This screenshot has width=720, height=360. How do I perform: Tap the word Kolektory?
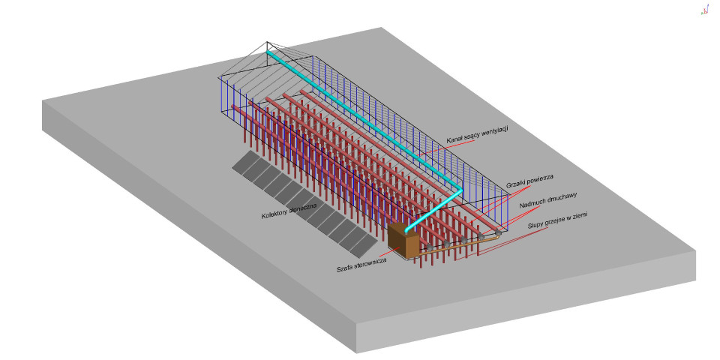point(274,214)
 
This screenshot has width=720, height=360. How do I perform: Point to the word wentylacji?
point(493,132)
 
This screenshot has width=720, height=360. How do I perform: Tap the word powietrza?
point(541,178)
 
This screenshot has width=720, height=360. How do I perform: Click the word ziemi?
point(578,216)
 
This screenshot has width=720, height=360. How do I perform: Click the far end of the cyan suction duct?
point(268,53)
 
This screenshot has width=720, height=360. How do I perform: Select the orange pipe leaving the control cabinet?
point(459,245)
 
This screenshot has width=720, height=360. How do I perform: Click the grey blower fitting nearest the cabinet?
point(430,247)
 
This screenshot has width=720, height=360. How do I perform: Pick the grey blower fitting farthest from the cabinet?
point(498,233)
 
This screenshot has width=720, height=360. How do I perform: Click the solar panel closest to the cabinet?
point(363,247)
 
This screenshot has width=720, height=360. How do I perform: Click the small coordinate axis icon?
point(705,10)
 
